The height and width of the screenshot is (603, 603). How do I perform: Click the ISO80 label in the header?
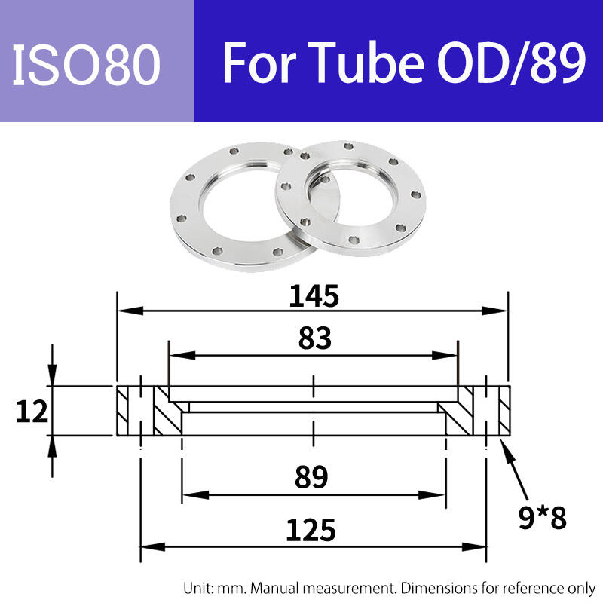[86, 64]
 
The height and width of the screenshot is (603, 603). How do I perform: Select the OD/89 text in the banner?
[512, 63]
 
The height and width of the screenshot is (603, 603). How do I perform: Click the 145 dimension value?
[314, 296]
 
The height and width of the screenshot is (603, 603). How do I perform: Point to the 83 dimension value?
[314, 338]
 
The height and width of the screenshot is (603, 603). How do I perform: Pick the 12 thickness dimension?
[32, 412]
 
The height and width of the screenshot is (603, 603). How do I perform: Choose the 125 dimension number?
[311, 531]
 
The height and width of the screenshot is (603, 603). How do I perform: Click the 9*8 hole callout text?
[542, 517]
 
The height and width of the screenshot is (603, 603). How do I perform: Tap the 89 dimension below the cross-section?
[311, 477]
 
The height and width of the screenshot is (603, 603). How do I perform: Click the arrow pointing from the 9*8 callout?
[516, 469]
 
